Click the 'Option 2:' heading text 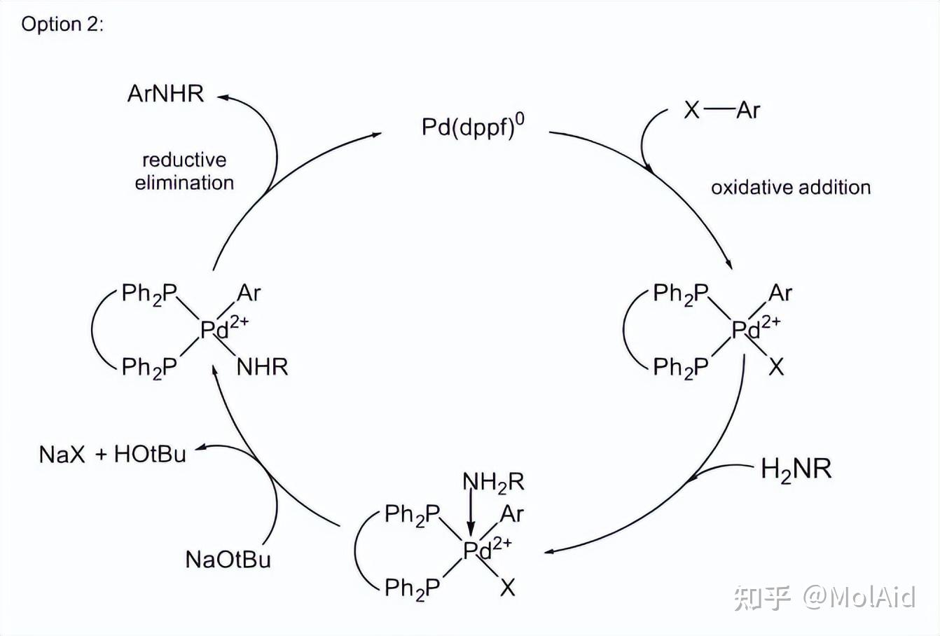tap(62, 25)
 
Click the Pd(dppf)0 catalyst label tap(473, 127)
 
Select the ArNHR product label tap(165, 94)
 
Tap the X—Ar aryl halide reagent tap(721, 110)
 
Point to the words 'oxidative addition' tap(791, 188)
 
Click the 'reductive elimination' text tap(184, 172)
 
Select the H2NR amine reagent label tap(796, 469)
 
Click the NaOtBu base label tap(228, 560)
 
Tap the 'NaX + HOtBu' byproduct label tap(113, 455)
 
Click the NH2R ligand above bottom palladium tap(493, 483)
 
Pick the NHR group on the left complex tap(262, 367)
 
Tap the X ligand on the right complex tap(776, 367)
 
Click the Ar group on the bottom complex tap(511, 514)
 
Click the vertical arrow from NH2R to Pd tap(471, 515)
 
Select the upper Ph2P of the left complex tap(149, 293)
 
